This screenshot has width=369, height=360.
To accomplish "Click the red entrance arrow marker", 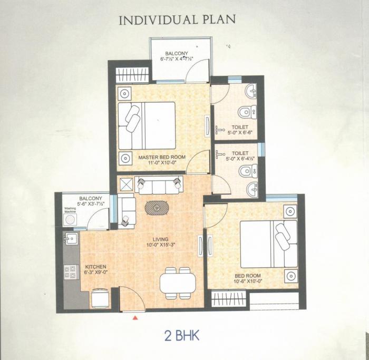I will pos(135,318).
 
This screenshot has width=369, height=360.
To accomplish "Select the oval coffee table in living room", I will pos(157,208).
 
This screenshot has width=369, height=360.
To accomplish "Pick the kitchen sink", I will pos(71,239).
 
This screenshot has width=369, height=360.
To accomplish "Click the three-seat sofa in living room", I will pos(158,185).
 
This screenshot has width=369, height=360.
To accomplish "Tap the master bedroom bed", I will pos(146,125).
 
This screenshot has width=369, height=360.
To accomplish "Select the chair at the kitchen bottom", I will pos(100,298).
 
